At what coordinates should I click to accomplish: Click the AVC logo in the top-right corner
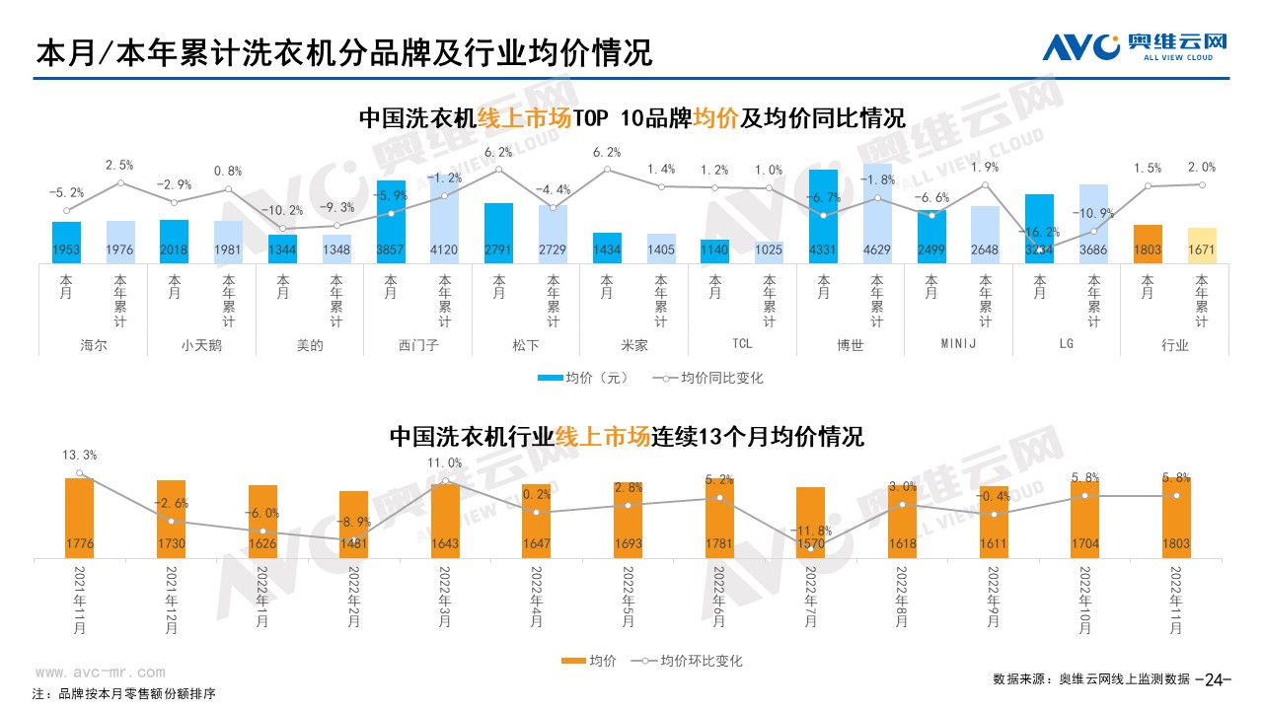point(1135,45)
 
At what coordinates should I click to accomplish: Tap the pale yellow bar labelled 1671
point(1202,246)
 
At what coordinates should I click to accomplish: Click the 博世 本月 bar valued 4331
point(823,217)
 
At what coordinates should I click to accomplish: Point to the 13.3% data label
point(79,455)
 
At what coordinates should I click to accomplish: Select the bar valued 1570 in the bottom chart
point(810,523)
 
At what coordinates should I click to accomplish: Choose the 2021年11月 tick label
point(79,601)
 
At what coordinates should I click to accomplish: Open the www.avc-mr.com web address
point(101,673)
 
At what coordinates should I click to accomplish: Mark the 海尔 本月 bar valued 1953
point(67,243)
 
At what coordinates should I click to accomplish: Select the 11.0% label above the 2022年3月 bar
point(445,462)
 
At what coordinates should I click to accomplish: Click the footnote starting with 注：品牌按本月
point(123,693)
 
